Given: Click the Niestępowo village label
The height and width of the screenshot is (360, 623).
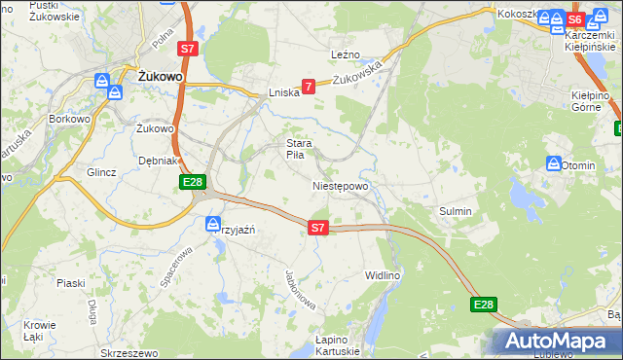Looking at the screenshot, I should (x=340, y=186).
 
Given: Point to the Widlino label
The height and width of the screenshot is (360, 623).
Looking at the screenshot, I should (x=383, y=275).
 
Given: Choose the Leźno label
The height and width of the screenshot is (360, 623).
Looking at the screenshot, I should (x=346, y=55).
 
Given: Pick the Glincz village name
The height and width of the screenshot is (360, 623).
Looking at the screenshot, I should (x=101, y=172).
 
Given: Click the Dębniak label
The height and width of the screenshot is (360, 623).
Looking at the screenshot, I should (x=157, y=161).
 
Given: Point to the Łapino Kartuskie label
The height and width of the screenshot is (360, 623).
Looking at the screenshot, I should (x=338, y=344).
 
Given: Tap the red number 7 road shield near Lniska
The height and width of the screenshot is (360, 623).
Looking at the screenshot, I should (x=309, y=87).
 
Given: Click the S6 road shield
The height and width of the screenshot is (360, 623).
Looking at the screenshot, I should (x=575, y=19).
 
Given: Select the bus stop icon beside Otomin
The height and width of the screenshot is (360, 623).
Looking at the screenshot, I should (x=553, y=164).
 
